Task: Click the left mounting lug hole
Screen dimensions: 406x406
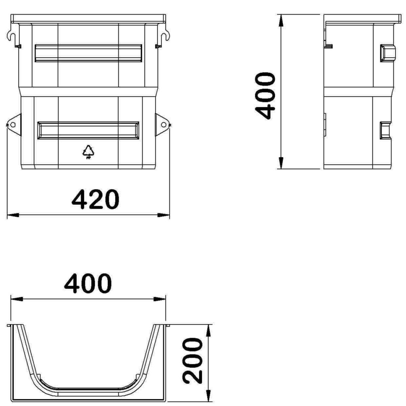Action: (x=13, y=125)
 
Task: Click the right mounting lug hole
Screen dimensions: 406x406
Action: (x=163, y=125)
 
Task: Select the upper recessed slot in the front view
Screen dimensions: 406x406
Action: (x=88, y=53)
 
